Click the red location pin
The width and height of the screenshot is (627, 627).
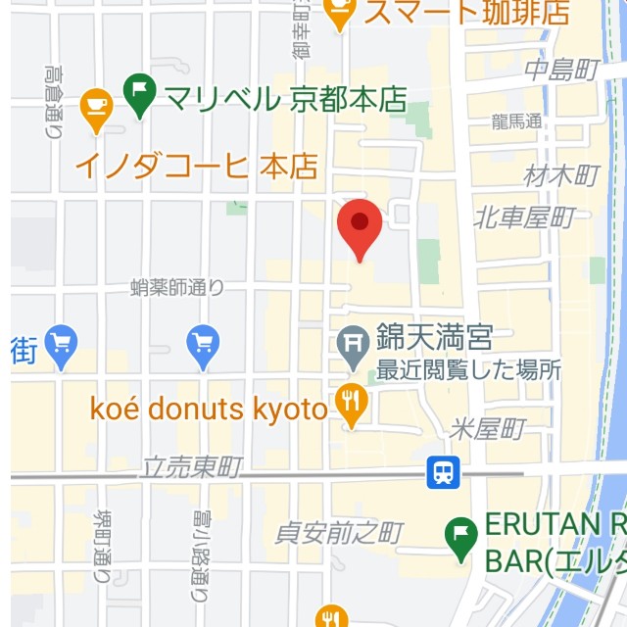pyautogui.click(x=360, y=227)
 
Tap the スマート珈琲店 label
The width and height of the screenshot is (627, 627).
pyautogui.click(x=465, y=13)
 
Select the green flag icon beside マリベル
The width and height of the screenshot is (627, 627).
pyautogui.click(x=141, y=97)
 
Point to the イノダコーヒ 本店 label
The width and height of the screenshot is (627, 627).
pyautogui.click(x=197, y=165)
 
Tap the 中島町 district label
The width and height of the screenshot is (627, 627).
pyautogui.click(x=561, y=70)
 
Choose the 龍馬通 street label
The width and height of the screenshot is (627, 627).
pyautogui.click(x=517, y=121)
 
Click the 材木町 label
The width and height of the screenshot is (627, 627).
pyautogui.click(x=561, y=175)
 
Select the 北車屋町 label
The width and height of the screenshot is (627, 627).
pyautogui.click(x=523, y=217)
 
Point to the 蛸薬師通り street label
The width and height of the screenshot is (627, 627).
pyautogui.click(x=177, y=287)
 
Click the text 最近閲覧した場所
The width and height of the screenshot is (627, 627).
pyautogui.click(x=468, y=371)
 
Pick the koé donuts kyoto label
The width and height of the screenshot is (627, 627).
pyautogui.click(x=208, y=410)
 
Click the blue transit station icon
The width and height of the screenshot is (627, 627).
pyautogui.click(x=443, y=473)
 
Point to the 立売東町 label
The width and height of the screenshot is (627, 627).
pyautogui.click(x=191, y=467)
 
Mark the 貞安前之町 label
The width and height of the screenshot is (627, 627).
pyautogui.click(x=339, y=533)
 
